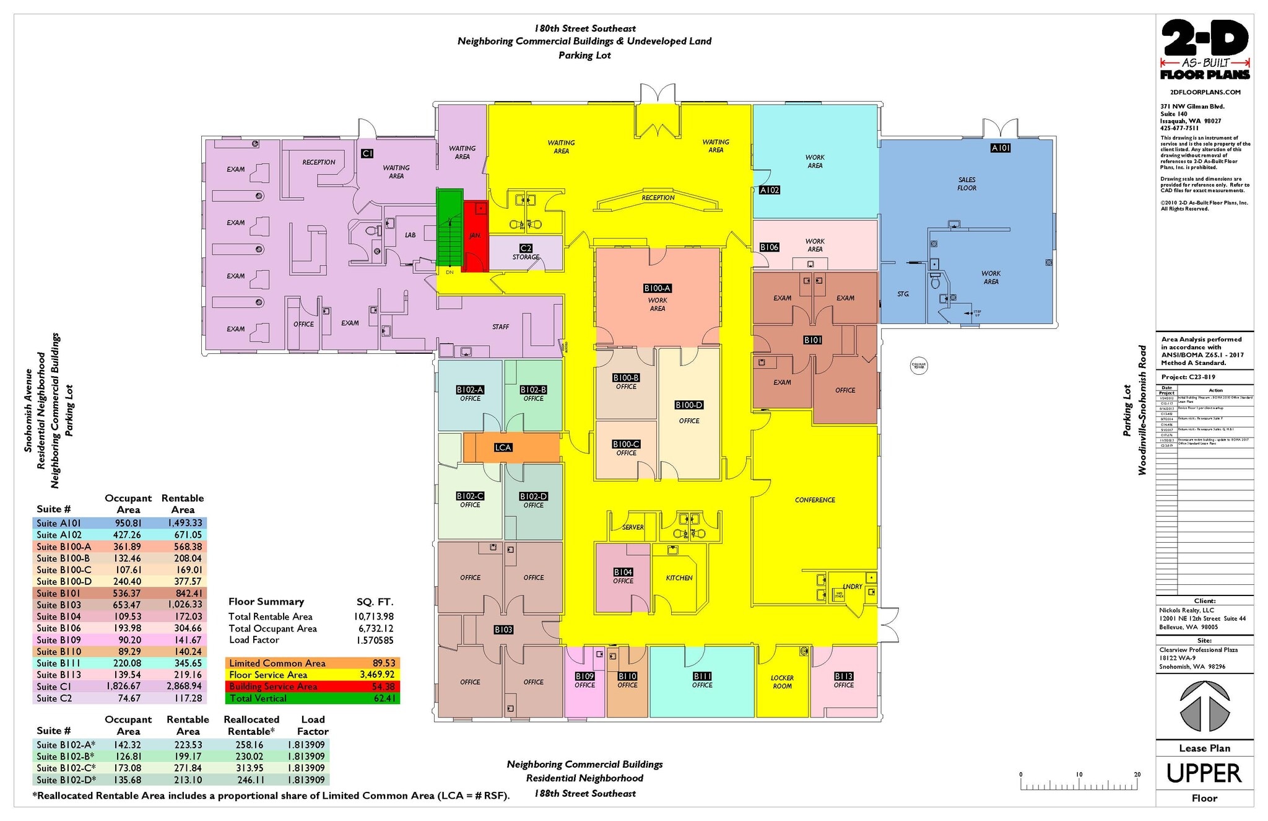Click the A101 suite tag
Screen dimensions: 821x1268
click(x=1001, y=148)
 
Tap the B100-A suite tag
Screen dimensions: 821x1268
click(x=657, y=288)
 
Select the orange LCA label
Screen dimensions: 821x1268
click(x=503, y=447)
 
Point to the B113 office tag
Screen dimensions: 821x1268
click(x=843, y=677)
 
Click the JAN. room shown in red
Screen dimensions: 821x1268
click(x=475, y=235)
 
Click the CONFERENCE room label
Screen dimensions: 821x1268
click(x=815, y=500)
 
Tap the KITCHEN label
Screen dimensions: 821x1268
click(x=679, y=578)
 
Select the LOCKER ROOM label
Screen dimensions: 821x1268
click(x=782, y=682)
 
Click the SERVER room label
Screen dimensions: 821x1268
click(x=632, y=527)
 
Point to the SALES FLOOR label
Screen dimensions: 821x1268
click(x=966, y=184)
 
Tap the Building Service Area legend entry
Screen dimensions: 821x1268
click(x=273, y=687)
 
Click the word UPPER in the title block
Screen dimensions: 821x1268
click(x=1204, y=773)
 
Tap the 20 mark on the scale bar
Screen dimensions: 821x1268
click(x=1137, y=775)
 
